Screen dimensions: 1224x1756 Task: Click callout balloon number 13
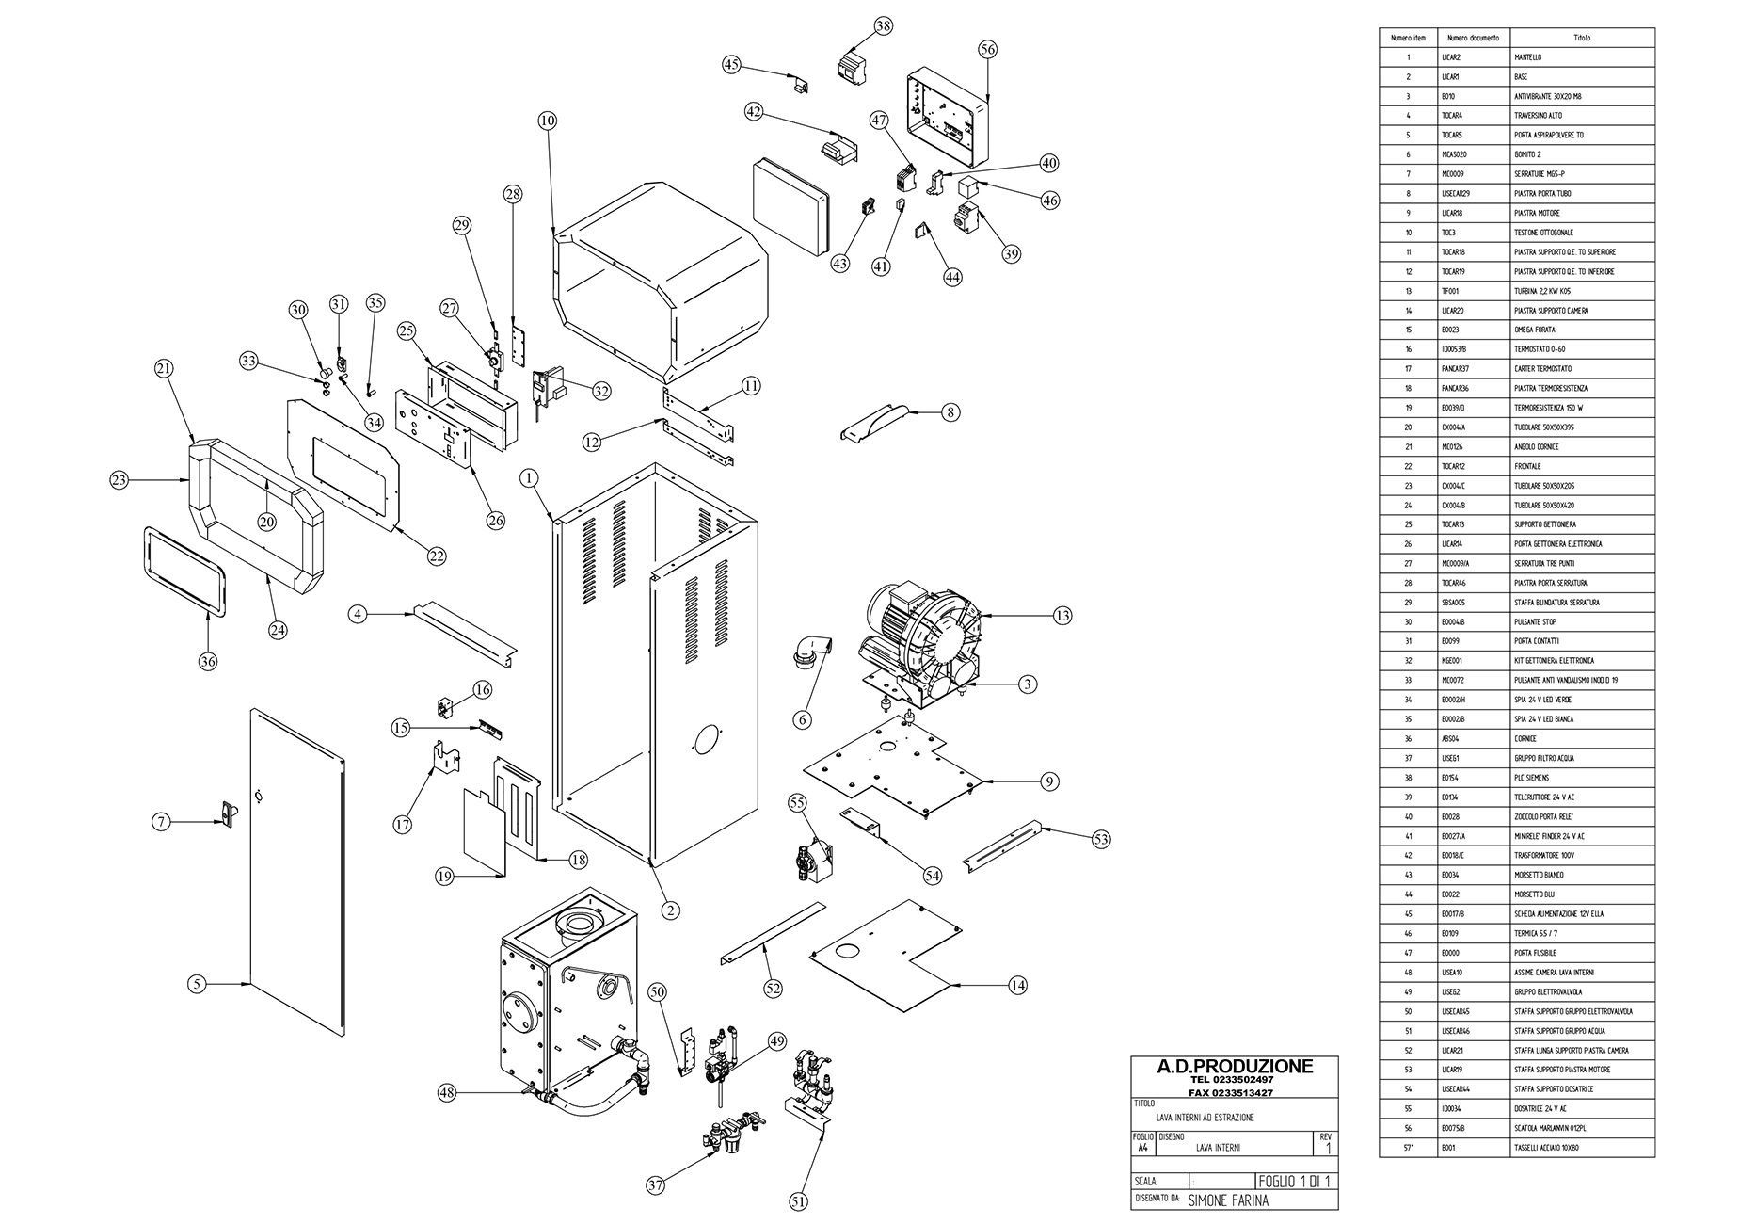pos(1062,616)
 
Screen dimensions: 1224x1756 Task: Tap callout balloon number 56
pos(987,50)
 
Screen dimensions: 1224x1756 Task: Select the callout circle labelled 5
pos(197,984)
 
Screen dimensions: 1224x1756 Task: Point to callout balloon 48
pos(448,1093)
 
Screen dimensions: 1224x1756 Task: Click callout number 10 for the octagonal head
pos(548,121)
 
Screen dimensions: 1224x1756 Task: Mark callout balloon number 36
pos(208,661)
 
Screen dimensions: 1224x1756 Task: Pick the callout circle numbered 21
pos(164,370)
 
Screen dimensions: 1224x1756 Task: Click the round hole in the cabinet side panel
pos(707,739)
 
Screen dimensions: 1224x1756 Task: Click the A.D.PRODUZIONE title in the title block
pos(1234,1067)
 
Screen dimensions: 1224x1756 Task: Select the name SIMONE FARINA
pos(1228,1200)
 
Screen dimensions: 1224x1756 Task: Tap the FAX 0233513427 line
pos(1234,1092)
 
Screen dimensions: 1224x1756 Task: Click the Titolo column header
pos(1581,38)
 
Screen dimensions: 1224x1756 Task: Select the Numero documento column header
pos(1473,38)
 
